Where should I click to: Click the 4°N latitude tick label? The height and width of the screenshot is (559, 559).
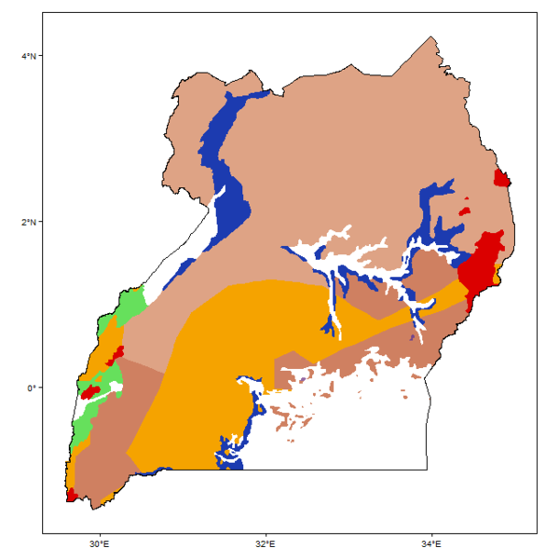[x=29, y=56]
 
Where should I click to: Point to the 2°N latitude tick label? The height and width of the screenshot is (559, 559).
[x=29, y=222]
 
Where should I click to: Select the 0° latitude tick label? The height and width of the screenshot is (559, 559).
[x=32, y=388]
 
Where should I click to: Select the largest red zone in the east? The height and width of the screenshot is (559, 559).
[x=477, y=266]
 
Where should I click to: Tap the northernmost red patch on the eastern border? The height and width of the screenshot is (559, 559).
[x=502, y=179]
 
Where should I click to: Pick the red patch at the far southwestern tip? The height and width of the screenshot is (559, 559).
[x=71, y=495]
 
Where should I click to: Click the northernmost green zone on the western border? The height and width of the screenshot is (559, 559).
[x=129, y=307]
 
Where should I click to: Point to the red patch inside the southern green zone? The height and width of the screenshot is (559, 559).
[x=90, y=392]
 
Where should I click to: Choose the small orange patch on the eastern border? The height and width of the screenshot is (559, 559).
[x=498, y=274]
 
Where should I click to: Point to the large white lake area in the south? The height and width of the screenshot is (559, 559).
[x=354, y=438]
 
